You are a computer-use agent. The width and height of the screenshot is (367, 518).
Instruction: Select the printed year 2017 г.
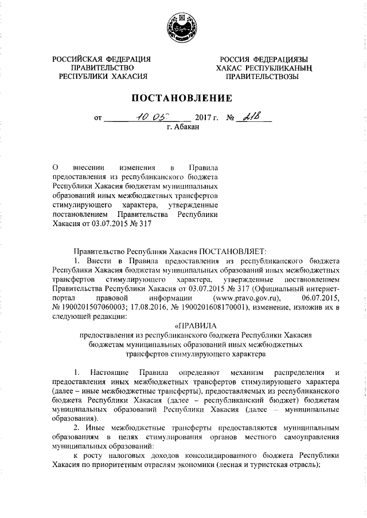[207, 119]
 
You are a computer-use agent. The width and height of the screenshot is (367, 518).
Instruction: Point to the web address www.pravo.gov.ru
[247, 299]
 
